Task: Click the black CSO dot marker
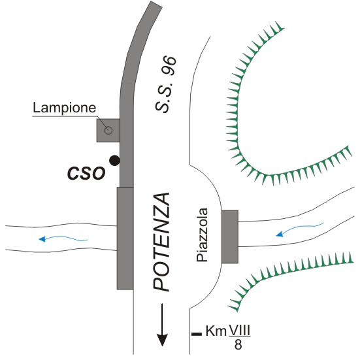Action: click(114, 161)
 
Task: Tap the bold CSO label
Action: click(86, 173)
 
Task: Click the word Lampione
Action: click(64, 107)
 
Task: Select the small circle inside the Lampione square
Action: click(108, 131)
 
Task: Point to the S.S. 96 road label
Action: click(165, 84)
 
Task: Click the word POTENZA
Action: click(161, 242)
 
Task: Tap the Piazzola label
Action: click(203, 235)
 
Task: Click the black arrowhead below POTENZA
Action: click(162, 339)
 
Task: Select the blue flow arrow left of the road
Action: click(63, 238)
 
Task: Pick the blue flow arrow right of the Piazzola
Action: click(300, 229)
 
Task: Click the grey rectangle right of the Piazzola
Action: click(230, 237)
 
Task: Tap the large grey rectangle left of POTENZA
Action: click(125, 238)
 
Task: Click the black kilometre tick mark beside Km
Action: click(197, 334)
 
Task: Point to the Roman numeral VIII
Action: click(239, 331)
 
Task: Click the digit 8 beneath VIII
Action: click(238, 344)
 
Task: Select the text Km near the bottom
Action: click(216, 331)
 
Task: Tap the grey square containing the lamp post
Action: click(108, 130)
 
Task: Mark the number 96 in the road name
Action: click(169, 65)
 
